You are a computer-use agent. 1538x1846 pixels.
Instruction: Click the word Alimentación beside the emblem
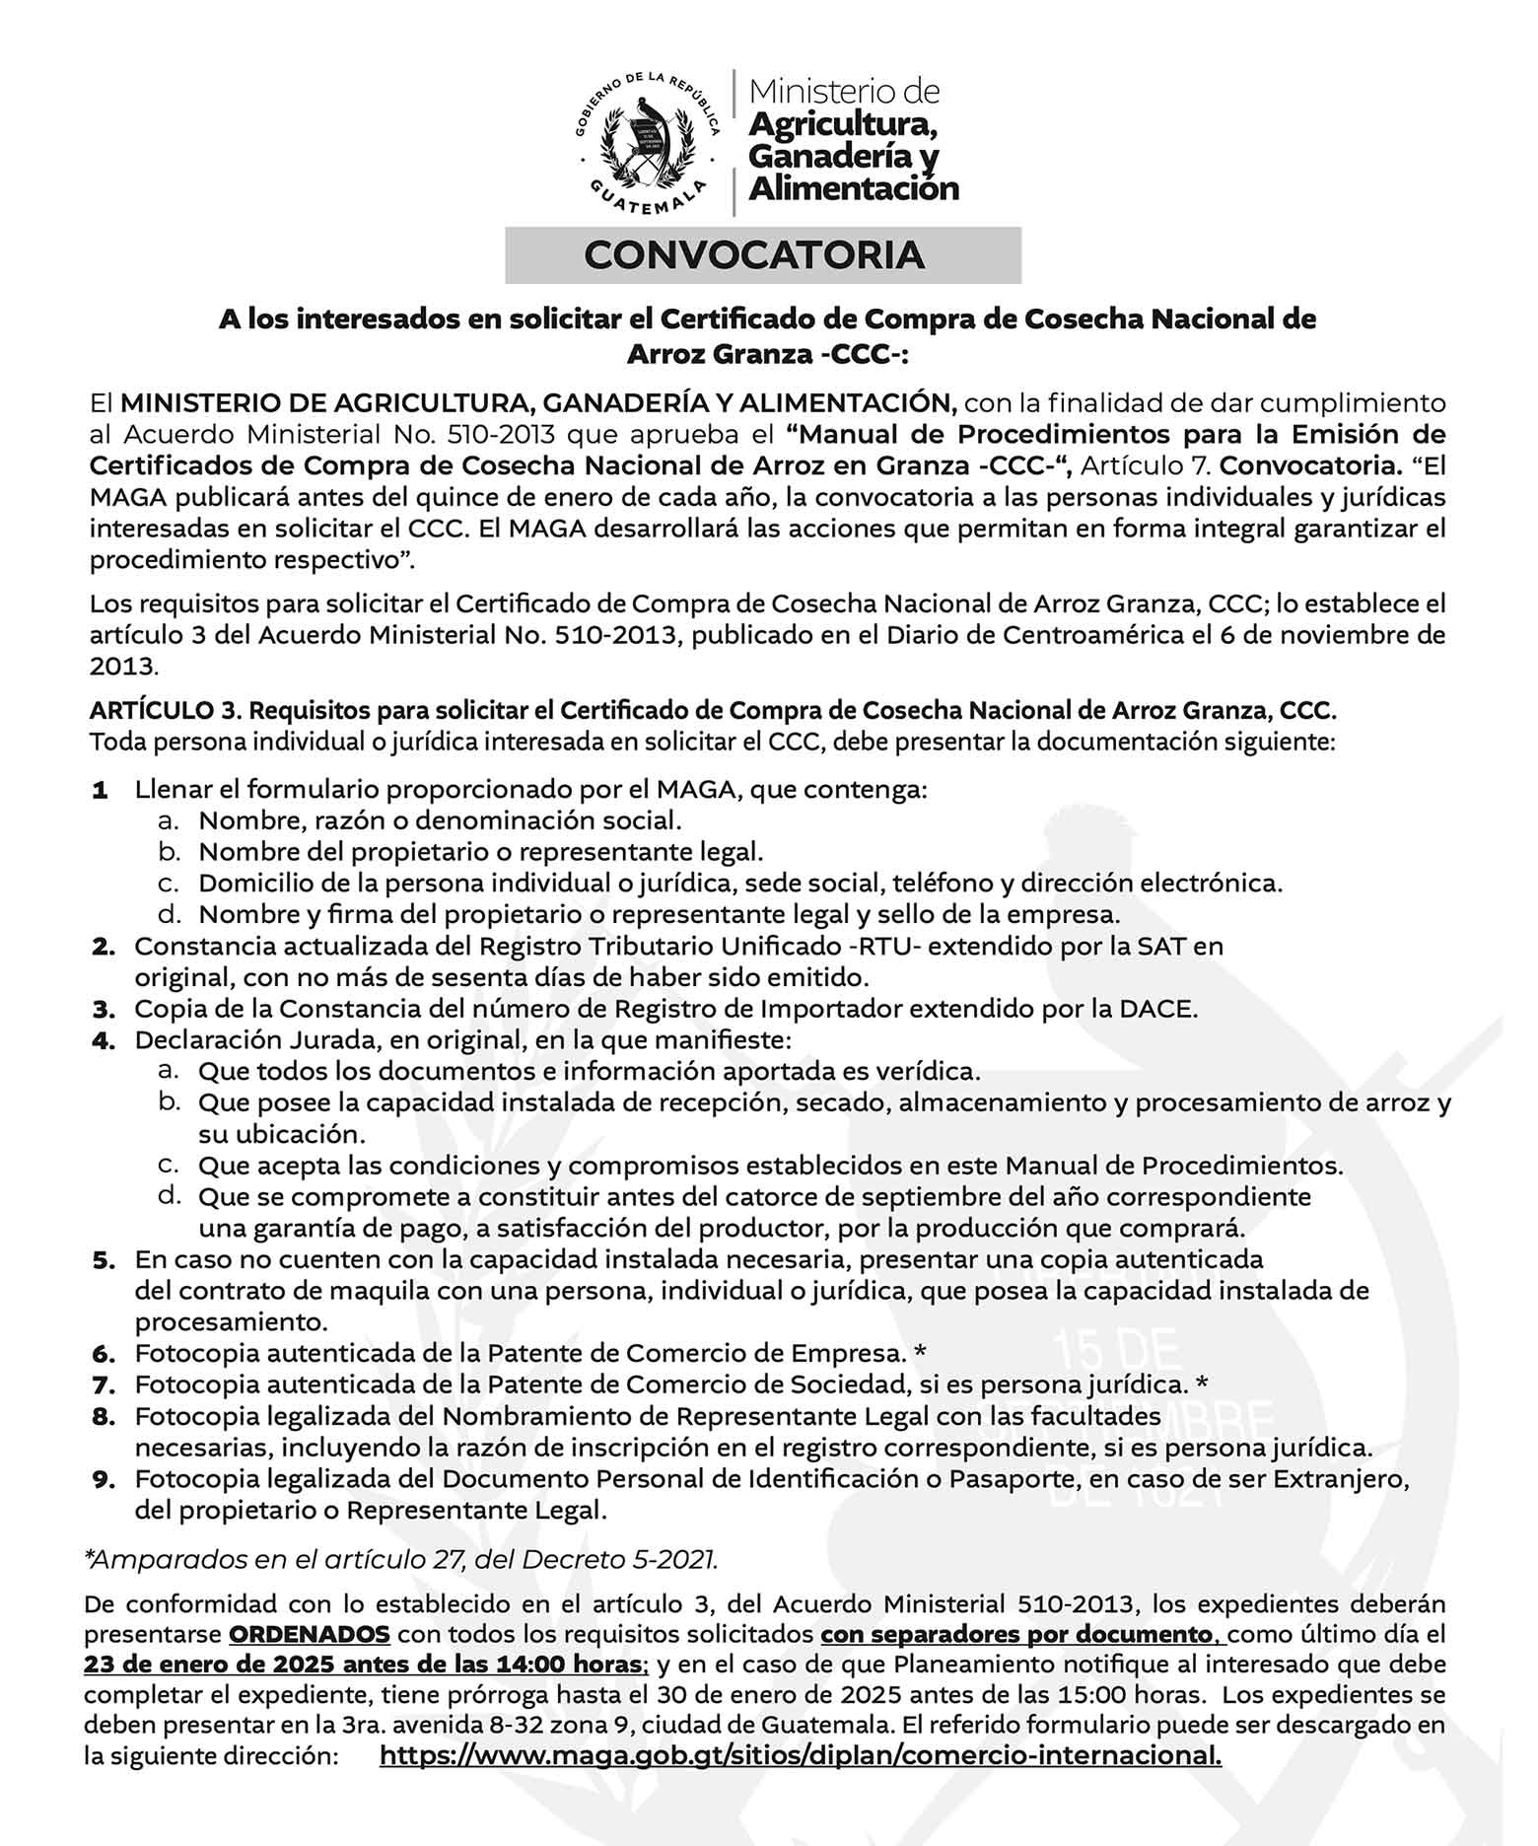[x=854, y=187]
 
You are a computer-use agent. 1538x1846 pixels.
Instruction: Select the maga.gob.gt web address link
[x=800, y=1754]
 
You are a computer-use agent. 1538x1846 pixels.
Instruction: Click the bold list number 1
[x=100, y=790]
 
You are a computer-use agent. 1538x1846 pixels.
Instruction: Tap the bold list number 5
[x=104, y=1259]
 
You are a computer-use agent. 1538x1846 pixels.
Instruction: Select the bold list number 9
[x=104, y=1479]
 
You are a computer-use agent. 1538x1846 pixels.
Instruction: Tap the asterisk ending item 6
[x=920, y=1354]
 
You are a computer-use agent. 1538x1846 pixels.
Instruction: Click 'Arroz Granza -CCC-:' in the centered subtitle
[x=767, y=353]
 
